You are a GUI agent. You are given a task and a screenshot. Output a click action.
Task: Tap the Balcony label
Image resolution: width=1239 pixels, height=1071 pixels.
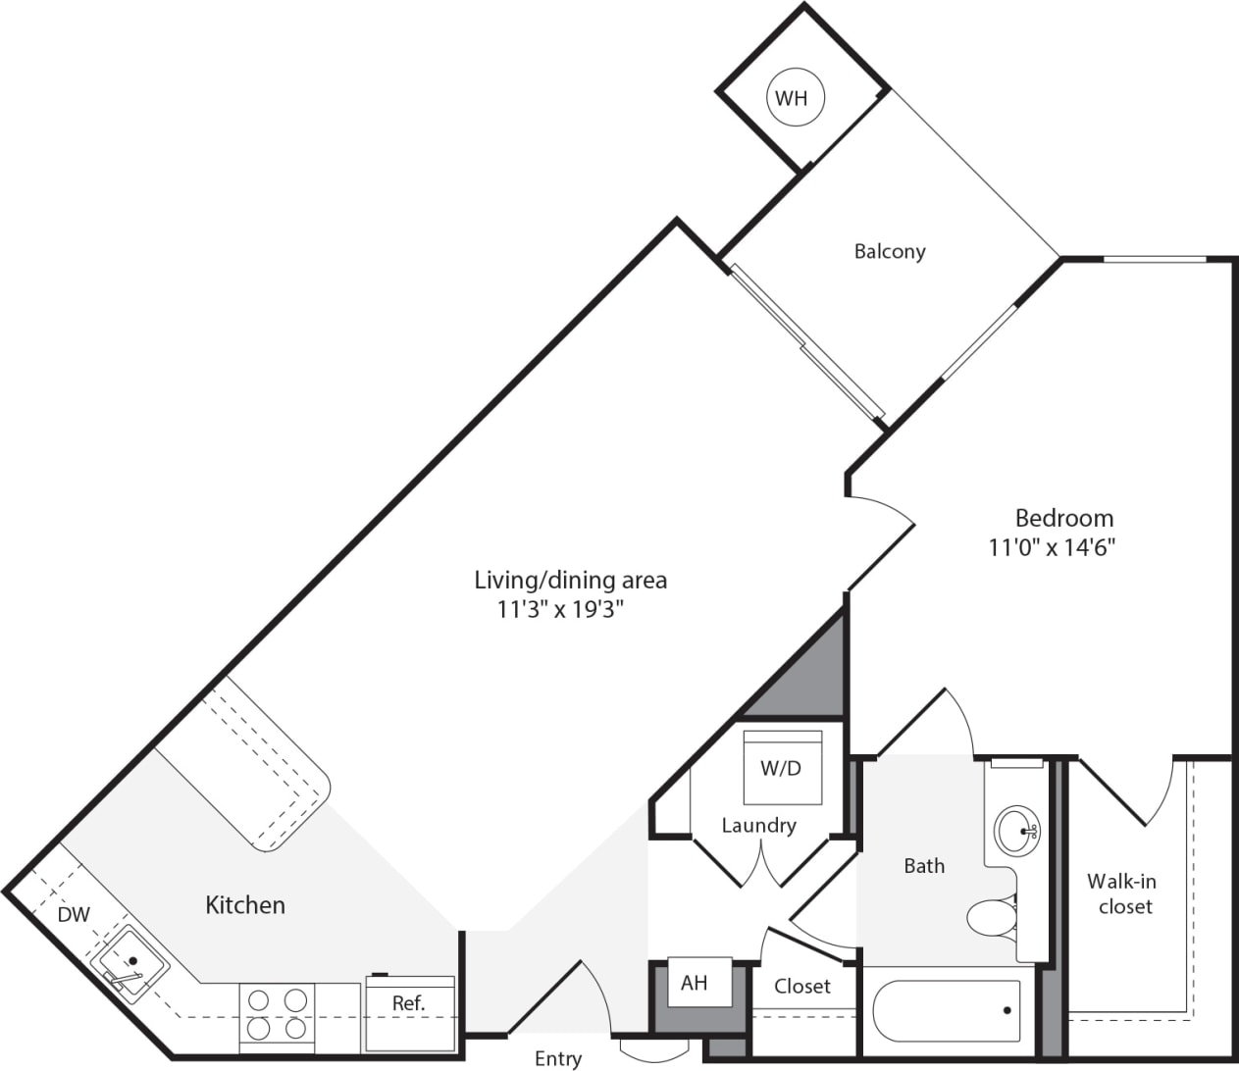click(x=889, y=251)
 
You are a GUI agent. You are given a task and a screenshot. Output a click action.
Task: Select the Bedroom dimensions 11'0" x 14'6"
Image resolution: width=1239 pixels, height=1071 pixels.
click(x=1052, y=546)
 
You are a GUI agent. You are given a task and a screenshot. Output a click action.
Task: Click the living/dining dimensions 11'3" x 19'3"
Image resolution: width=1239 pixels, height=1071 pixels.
click(x=560, y=609)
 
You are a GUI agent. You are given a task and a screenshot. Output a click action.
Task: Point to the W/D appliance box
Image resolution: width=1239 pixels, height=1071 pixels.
click(x=782, y=767)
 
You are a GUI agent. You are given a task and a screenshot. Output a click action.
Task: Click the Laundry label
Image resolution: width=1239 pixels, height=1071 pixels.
click(x=758, y=825)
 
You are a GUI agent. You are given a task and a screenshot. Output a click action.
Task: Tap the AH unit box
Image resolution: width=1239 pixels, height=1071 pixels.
click(x=694, y=982)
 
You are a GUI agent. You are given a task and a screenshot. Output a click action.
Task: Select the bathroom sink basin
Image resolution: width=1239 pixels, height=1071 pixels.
click(x=1017, y=831)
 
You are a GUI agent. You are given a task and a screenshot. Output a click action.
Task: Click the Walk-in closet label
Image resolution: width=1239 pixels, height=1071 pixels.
click(x=1123, y=893)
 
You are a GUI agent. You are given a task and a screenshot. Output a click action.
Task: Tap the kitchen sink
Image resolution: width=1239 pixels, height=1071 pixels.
click(x=129, y=963)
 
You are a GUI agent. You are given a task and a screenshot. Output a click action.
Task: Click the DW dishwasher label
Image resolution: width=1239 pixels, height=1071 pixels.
click(x=74, y=914)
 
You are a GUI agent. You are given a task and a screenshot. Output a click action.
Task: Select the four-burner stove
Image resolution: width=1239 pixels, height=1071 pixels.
click(x=276, y=1014)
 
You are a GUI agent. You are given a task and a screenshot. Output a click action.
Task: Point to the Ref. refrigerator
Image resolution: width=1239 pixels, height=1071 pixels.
click(x=409, y=1010)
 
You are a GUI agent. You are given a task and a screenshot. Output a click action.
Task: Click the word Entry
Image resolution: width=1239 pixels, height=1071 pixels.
click(x=557, y=1057)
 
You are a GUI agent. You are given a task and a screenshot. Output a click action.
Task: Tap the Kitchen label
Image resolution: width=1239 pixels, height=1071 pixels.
click(x=245, y=904)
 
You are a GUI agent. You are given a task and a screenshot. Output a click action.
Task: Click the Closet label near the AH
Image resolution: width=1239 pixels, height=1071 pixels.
click(x=801, y=986)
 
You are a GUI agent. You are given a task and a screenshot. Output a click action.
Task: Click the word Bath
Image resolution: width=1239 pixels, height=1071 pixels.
click(x=924, y=865)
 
